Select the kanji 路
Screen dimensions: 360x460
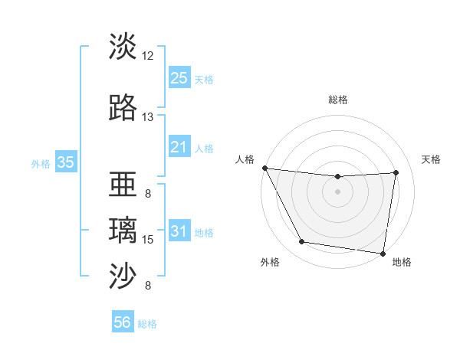tap(123, 108)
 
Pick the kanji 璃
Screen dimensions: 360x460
tap(123, 231)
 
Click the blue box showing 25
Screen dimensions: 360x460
tap(179, 78)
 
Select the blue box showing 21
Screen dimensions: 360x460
tap(179, 147)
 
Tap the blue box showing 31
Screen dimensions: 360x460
tap(179, 231)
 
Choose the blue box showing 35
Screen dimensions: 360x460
tap(65, 162)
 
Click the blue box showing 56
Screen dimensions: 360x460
tap(123, 322)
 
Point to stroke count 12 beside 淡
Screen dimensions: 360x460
tap(148, 56)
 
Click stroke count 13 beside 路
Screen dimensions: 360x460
tap(148, 117)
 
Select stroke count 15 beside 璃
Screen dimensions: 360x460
tap(148, 240)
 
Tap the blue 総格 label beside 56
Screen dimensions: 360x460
tap(147, 324)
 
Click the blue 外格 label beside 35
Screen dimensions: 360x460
tap(41, 163)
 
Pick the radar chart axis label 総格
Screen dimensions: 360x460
tap(337, 100)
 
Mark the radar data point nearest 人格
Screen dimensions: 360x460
tap(264, 168)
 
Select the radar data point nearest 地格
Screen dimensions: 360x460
tap(383, 253)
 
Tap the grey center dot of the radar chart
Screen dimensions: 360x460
tap(337, 191)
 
